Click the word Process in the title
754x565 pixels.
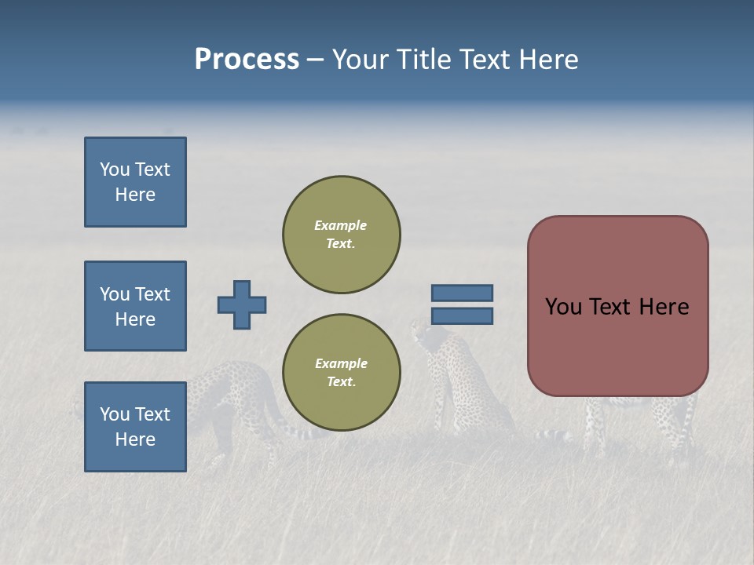(247, 60)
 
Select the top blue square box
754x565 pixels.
(135, 182)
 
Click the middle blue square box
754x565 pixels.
(135, 306)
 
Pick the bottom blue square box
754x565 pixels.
(135, 427)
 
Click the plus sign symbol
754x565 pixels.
(242, 304)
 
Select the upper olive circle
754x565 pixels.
(342, 235)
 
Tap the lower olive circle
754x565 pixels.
(342, 373)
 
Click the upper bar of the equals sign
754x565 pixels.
(462, 293)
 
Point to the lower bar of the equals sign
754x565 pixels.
(462, 315)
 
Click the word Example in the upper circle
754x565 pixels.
(340, 225)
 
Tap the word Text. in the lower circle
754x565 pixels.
(342, 382)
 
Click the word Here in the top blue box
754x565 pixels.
(135, 195)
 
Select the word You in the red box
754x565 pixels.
(563, 307)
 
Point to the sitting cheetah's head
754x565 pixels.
(425, 334)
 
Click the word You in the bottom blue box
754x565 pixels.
(115, 414)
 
